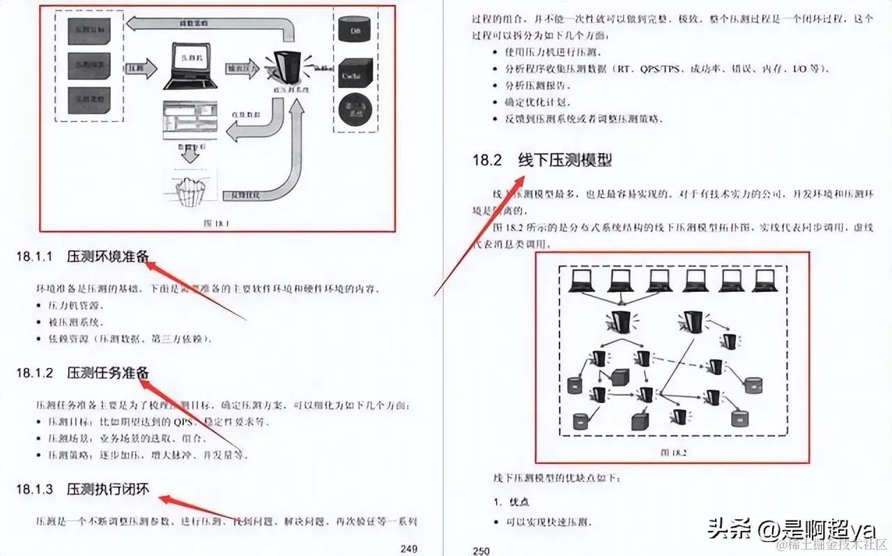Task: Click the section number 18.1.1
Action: (35, 256)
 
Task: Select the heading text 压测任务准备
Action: (108, 373)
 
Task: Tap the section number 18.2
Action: (487, 160)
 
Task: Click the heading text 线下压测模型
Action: (564, 160)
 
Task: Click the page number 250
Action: (481, 550)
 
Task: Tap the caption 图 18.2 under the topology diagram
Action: (672, 451)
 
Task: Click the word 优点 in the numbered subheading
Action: (520, 502)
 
